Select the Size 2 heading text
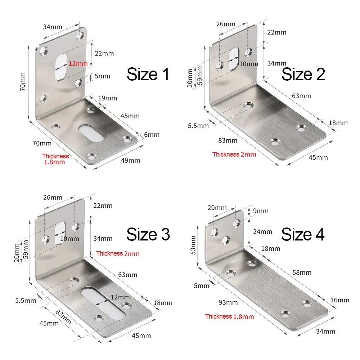point(303,74)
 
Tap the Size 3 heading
point(148,234)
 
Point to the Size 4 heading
point(303,234)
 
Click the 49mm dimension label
point(131,160)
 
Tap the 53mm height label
point(194,244)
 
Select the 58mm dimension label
point(301,273)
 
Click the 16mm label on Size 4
point(339,300)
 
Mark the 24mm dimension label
point(263,231)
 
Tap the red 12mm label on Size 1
point(78,64)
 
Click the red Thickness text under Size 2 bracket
point(234,154)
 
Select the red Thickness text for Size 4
point(229,316)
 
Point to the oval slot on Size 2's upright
point(233,58)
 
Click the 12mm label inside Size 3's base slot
point(120,297)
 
